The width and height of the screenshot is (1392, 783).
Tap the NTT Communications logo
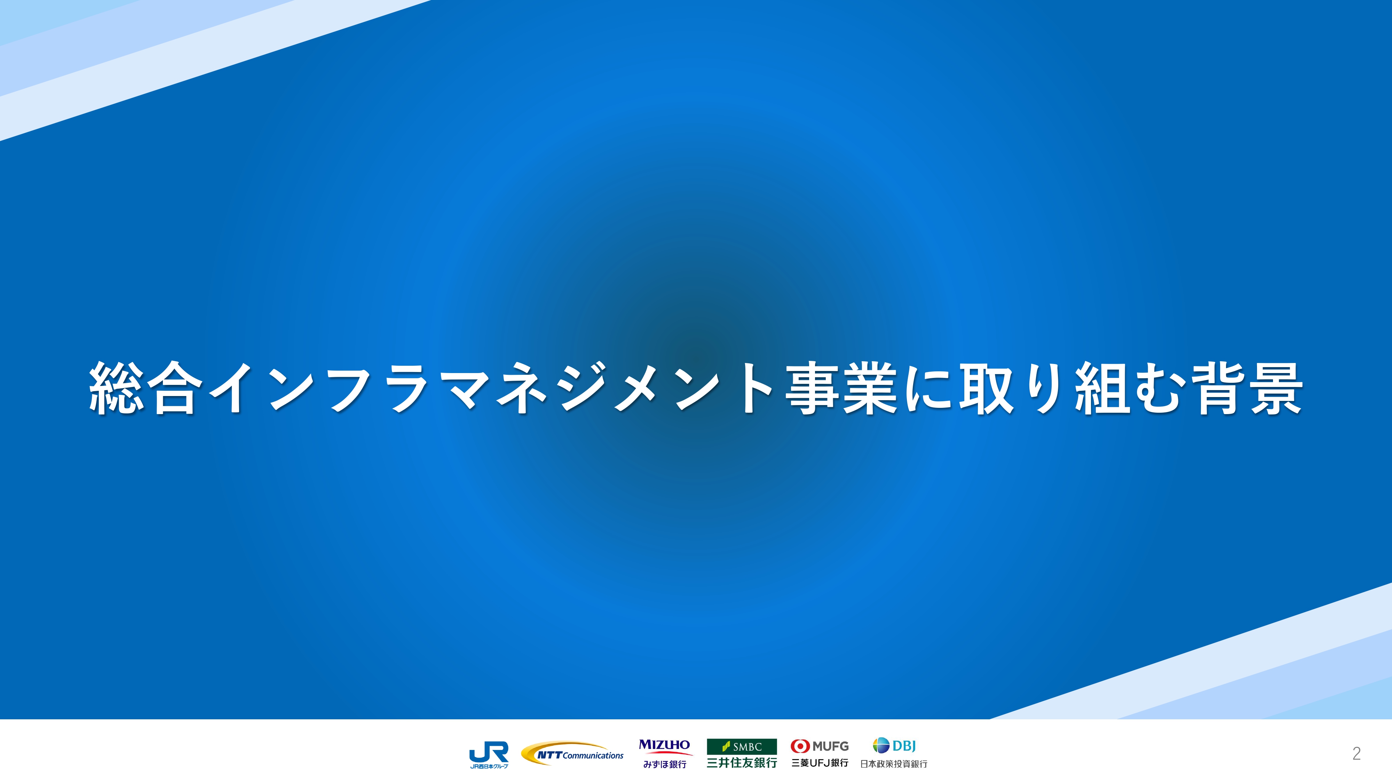coord(572,754)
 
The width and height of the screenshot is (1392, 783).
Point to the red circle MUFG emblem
coord(799,746)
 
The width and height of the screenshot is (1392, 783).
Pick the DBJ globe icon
coord(881,745)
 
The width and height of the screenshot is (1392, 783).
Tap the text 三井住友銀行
coord(742,762)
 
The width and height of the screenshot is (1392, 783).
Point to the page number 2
coord(1357,753)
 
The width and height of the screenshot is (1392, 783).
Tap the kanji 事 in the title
coord(813,388)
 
